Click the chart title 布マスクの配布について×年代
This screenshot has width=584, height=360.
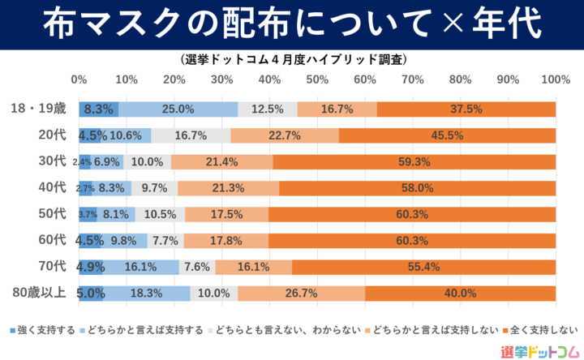[x=291, y=24]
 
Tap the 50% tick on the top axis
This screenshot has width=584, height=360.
[x=317, y=79]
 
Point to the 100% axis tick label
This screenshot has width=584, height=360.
[x=556, y=79]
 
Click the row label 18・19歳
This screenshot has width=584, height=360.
[x=40, y=109]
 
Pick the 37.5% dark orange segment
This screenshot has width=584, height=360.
[x=466, y=109]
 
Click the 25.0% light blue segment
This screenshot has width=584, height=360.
[x=178, y=109]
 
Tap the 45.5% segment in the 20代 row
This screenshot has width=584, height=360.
[x=447, y=135]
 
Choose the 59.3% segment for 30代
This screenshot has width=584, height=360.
[x=414, y=161]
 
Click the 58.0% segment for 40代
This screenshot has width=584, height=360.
[x=418, y=187]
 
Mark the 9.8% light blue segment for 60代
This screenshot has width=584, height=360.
[x=123, y=240]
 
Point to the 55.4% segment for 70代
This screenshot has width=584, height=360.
[x=423, y=266]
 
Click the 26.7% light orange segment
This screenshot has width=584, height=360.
[x=301, y=293]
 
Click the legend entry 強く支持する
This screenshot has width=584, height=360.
[x=40, y=329]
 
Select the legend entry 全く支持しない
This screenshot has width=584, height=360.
[x=540, y=329]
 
